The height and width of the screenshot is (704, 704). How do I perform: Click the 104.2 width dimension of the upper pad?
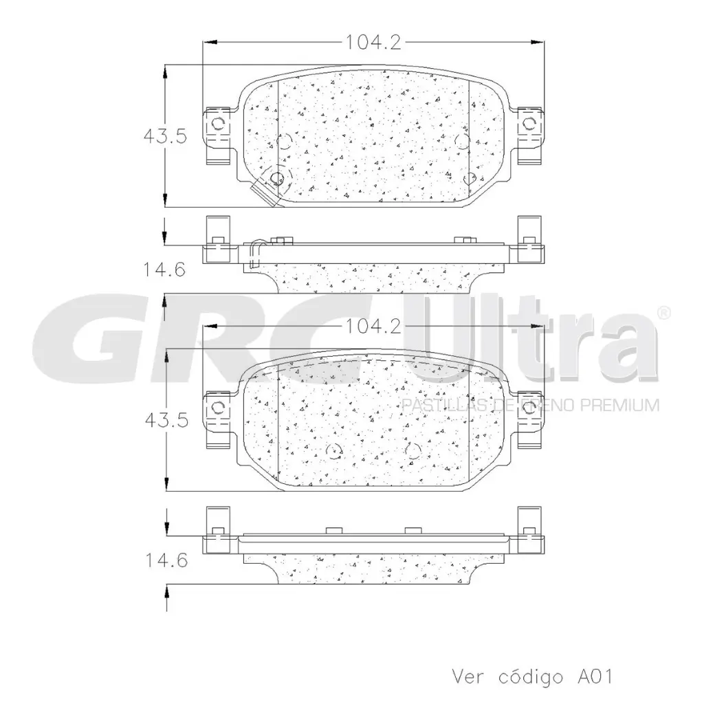(x=373, y=43)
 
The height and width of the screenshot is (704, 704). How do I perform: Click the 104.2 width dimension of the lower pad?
(x=373, y=327)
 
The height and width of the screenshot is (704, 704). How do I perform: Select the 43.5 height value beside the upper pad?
(x=165, y=136)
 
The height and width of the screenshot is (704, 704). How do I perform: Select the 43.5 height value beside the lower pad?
(x=165, y=420)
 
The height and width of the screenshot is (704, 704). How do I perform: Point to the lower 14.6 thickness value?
(x=165, y=560)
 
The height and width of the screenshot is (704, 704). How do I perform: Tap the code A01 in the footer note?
(x=591, y=676)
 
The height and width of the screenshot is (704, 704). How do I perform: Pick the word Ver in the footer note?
(x=468, y=676)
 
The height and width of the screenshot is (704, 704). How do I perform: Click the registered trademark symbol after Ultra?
(x=664, y=313)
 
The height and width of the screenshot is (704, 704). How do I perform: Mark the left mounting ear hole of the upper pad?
(x=218, y=124)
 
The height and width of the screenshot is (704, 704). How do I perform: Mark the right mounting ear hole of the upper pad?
(x=529, y=124)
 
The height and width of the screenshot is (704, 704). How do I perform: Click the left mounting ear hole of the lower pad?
(x=218, y=406)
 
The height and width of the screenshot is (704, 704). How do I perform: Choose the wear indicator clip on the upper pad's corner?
(x=265, y=189)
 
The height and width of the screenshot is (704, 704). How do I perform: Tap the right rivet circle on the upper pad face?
(x=462, y=141)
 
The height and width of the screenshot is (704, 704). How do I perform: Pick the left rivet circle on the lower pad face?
(x=334, y=451)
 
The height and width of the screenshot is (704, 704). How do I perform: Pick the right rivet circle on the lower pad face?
(x=412, y=451)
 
